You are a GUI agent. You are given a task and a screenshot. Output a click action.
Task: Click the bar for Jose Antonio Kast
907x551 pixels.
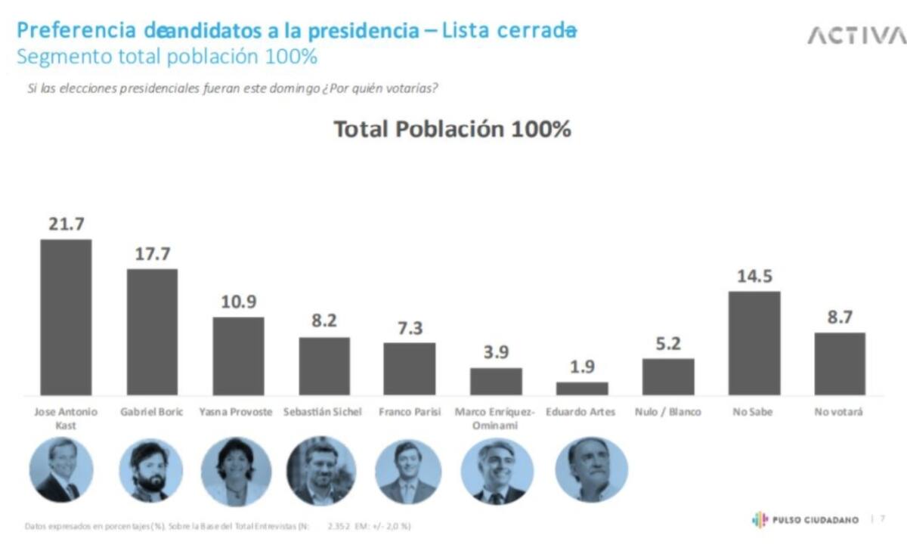pyautogui.click(x=66, y=317)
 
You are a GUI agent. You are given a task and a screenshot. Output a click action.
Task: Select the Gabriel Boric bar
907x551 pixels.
pyautogui.click(x=152, y=332)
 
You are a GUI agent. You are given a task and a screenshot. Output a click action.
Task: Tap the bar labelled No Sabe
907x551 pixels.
pyautogui.click(x=754, y=343)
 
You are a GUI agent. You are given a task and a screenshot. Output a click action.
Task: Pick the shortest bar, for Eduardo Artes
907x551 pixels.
pyautogui.click(x=582, y=388)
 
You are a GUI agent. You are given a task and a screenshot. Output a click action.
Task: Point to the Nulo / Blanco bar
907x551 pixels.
pyautogui.click(x=668, y=376)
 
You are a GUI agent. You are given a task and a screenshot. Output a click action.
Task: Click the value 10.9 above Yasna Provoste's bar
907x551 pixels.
pyautogui.click(x=239, y=302)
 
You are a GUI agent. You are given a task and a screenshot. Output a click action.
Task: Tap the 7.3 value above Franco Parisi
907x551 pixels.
pyautogui.click(x=409, y=328)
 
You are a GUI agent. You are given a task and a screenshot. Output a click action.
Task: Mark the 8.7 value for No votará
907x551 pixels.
pyautogui.click(x=840, y=317)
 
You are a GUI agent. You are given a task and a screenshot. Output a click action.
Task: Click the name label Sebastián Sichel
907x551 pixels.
pyautogui.click(x=323, y=413)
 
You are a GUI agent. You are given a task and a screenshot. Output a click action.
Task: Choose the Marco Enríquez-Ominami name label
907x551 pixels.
pyautogui.click(x=495, y=419)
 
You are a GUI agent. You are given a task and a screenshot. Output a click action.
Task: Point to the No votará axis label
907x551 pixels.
pyautogui.click(x=839, y=413)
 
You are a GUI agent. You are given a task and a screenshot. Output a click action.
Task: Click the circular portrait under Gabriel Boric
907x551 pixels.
pyautogui.click(x=150, y=470)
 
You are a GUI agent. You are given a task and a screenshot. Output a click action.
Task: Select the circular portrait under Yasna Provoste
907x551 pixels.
pyautogui.click(x=236, y=471)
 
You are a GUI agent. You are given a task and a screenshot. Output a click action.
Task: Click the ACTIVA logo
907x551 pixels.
pyautogui.click(x=856, y=36)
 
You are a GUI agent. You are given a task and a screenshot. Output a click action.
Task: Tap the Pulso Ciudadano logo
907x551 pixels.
pyautogui.click(x=805, y=520)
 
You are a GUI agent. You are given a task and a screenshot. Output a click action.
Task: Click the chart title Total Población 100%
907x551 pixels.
pyautogui.click(x=452, y=129)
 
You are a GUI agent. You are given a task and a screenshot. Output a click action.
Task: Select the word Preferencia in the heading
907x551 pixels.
pyautogui.click(x=76, y=31)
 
